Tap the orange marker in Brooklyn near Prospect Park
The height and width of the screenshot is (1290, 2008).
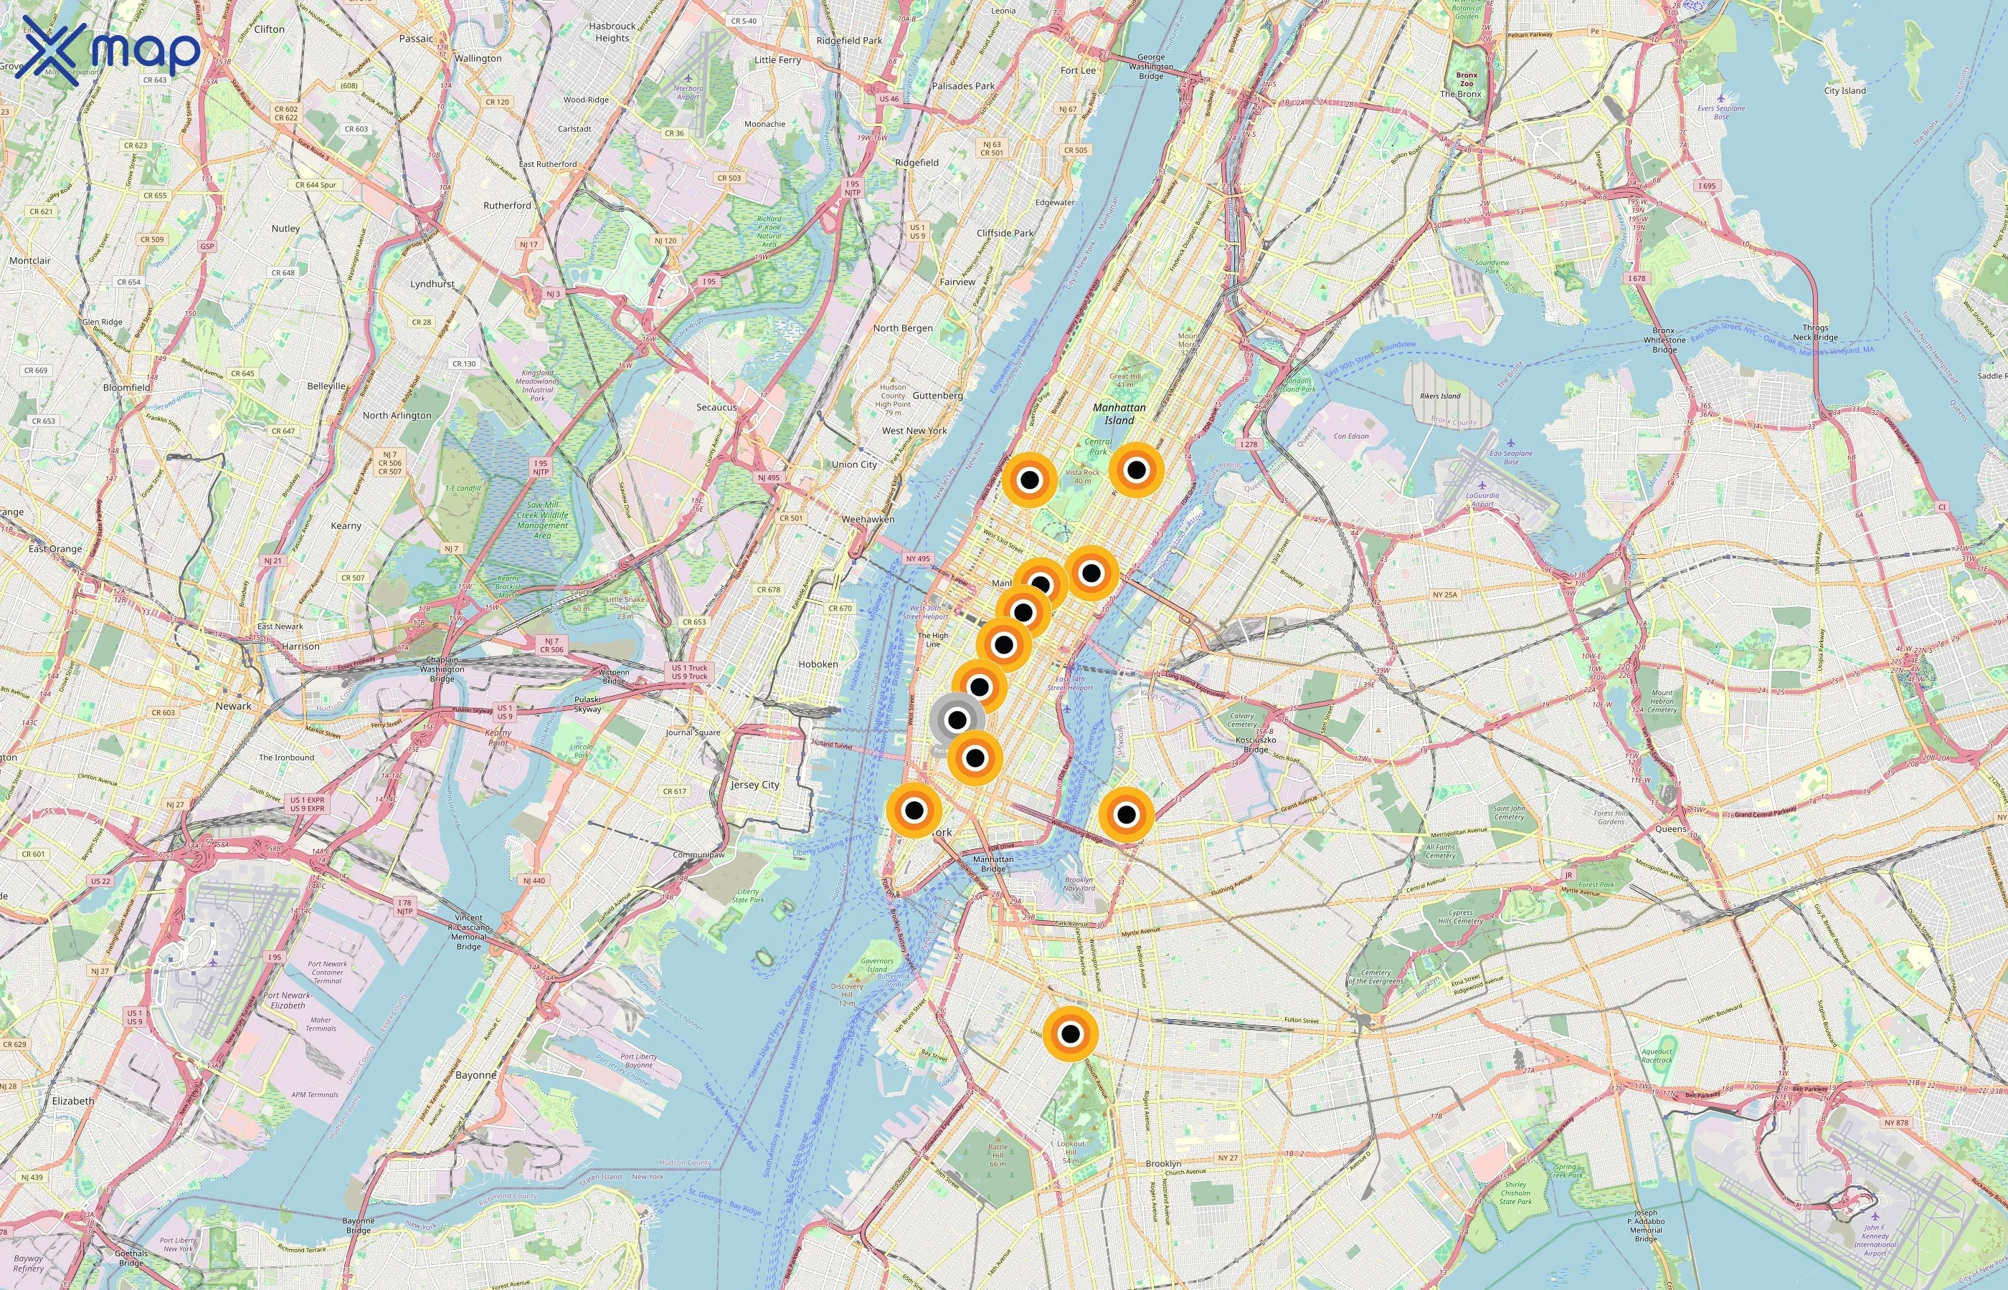(x=1070, y=1033)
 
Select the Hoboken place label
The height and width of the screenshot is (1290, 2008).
(x=818, y=664)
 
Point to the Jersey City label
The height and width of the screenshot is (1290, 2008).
(x=755, y=785)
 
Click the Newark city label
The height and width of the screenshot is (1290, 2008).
(x=233, y=706)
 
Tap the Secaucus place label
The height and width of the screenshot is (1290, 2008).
(x=716, y=407)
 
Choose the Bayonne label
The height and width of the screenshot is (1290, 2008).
(x=476, y=1075)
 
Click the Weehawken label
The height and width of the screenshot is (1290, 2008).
(x=868, y=520)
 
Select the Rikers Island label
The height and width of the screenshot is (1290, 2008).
(x=1440, y=396)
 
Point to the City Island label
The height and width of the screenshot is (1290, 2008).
(x=1844, y=90)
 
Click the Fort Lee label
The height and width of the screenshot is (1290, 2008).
(x=1078, y=70)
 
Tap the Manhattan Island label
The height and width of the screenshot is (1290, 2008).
(x=1119, y=414)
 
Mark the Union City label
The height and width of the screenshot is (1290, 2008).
(x=854, y=464)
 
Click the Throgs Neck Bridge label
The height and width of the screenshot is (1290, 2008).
(x=1815, y=333)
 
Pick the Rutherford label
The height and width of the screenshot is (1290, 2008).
(x=507, y=205)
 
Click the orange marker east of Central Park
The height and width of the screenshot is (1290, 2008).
(x=1135, y=470)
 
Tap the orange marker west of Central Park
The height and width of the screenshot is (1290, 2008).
(x=1029, y=480)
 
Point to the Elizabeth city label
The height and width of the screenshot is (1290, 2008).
(x=73, y=1101)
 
